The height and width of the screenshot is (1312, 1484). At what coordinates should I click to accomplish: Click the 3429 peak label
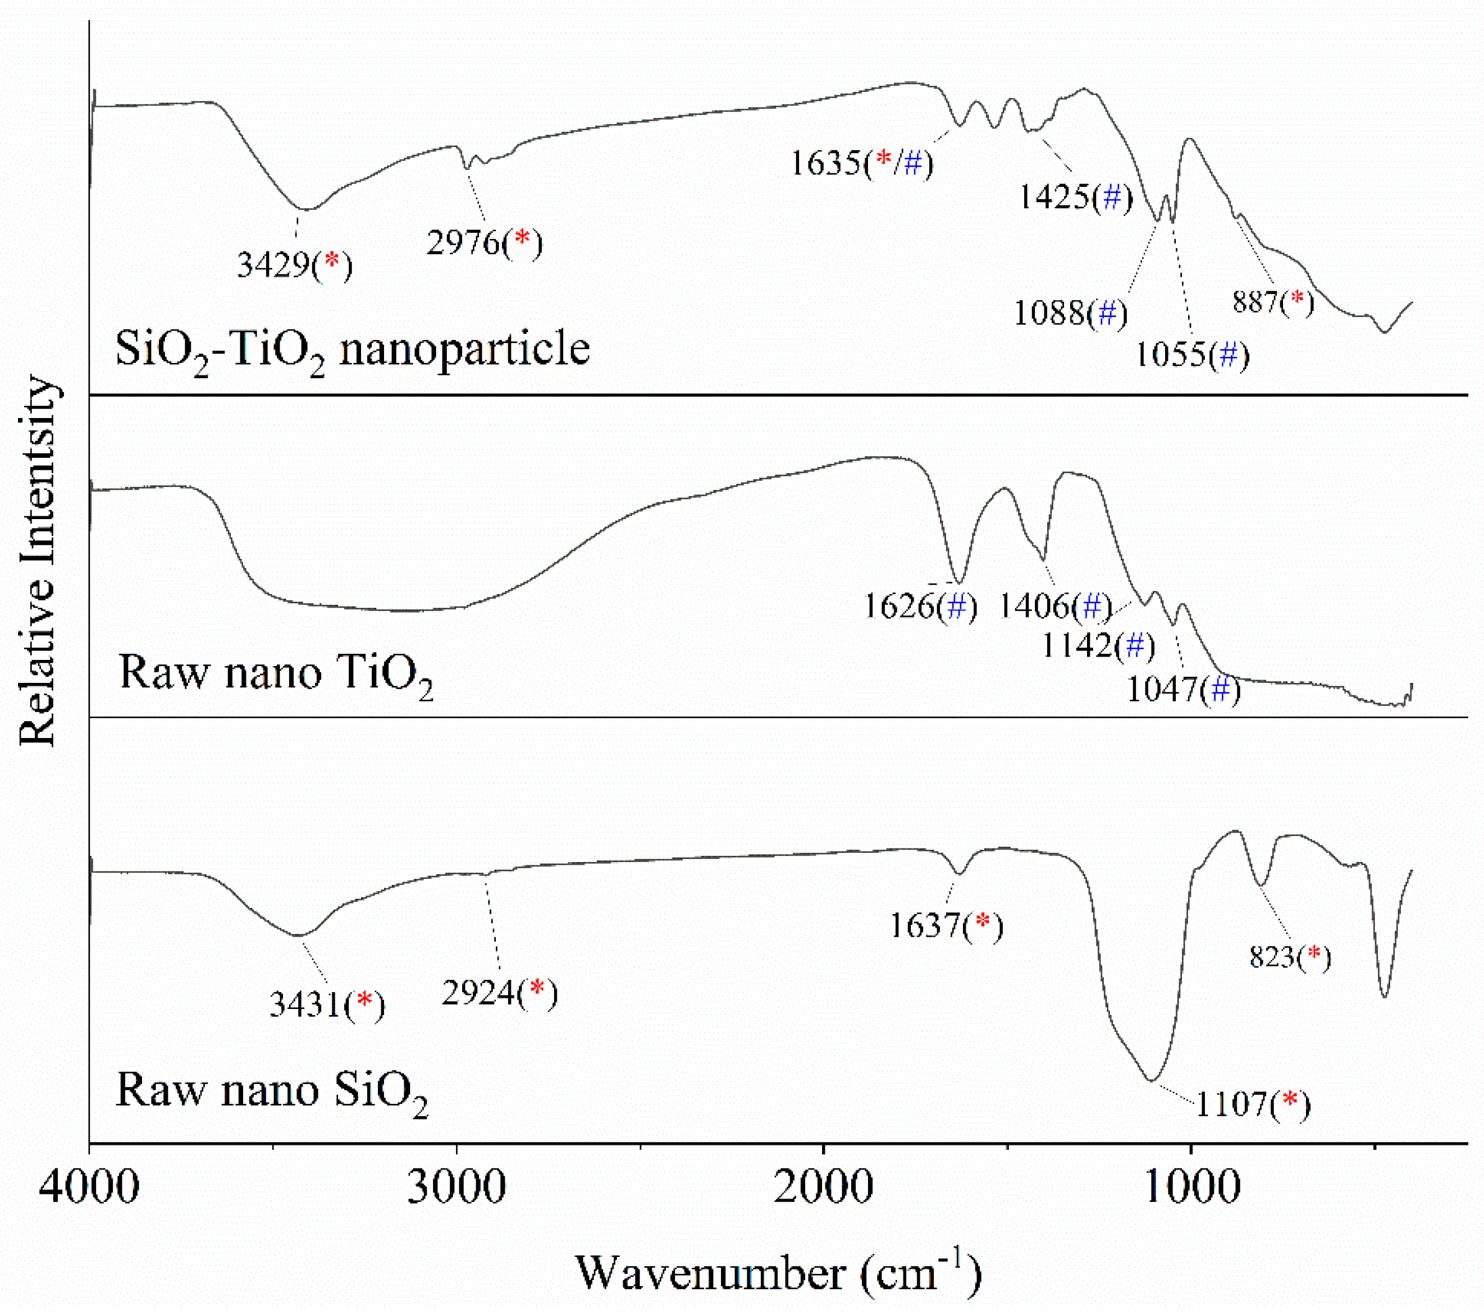click(x=295, y=265)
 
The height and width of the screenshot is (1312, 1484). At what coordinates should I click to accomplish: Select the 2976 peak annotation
click(x=484, y=242)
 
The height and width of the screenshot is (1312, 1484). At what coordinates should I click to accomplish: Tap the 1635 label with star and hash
click(x=862, y=163)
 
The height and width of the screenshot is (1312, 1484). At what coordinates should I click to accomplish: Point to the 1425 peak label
click(x=1075, y=198)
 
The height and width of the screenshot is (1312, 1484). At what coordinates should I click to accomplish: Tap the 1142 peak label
click(x=1098, y=645)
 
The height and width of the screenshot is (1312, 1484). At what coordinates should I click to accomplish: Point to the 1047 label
click(x=1184, y=689)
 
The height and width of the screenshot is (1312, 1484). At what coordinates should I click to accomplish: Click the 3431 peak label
click(x=327, y=1005)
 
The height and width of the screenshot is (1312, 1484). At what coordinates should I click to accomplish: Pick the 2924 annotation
click(x=500, y=993)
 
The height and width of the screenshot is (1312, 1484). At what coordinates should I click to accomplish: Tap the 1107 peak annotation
click(x=1253, y=1104)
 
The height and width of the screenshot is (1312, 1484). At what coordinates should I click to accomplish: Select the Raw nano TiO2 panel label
click(x=276, y=673)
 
